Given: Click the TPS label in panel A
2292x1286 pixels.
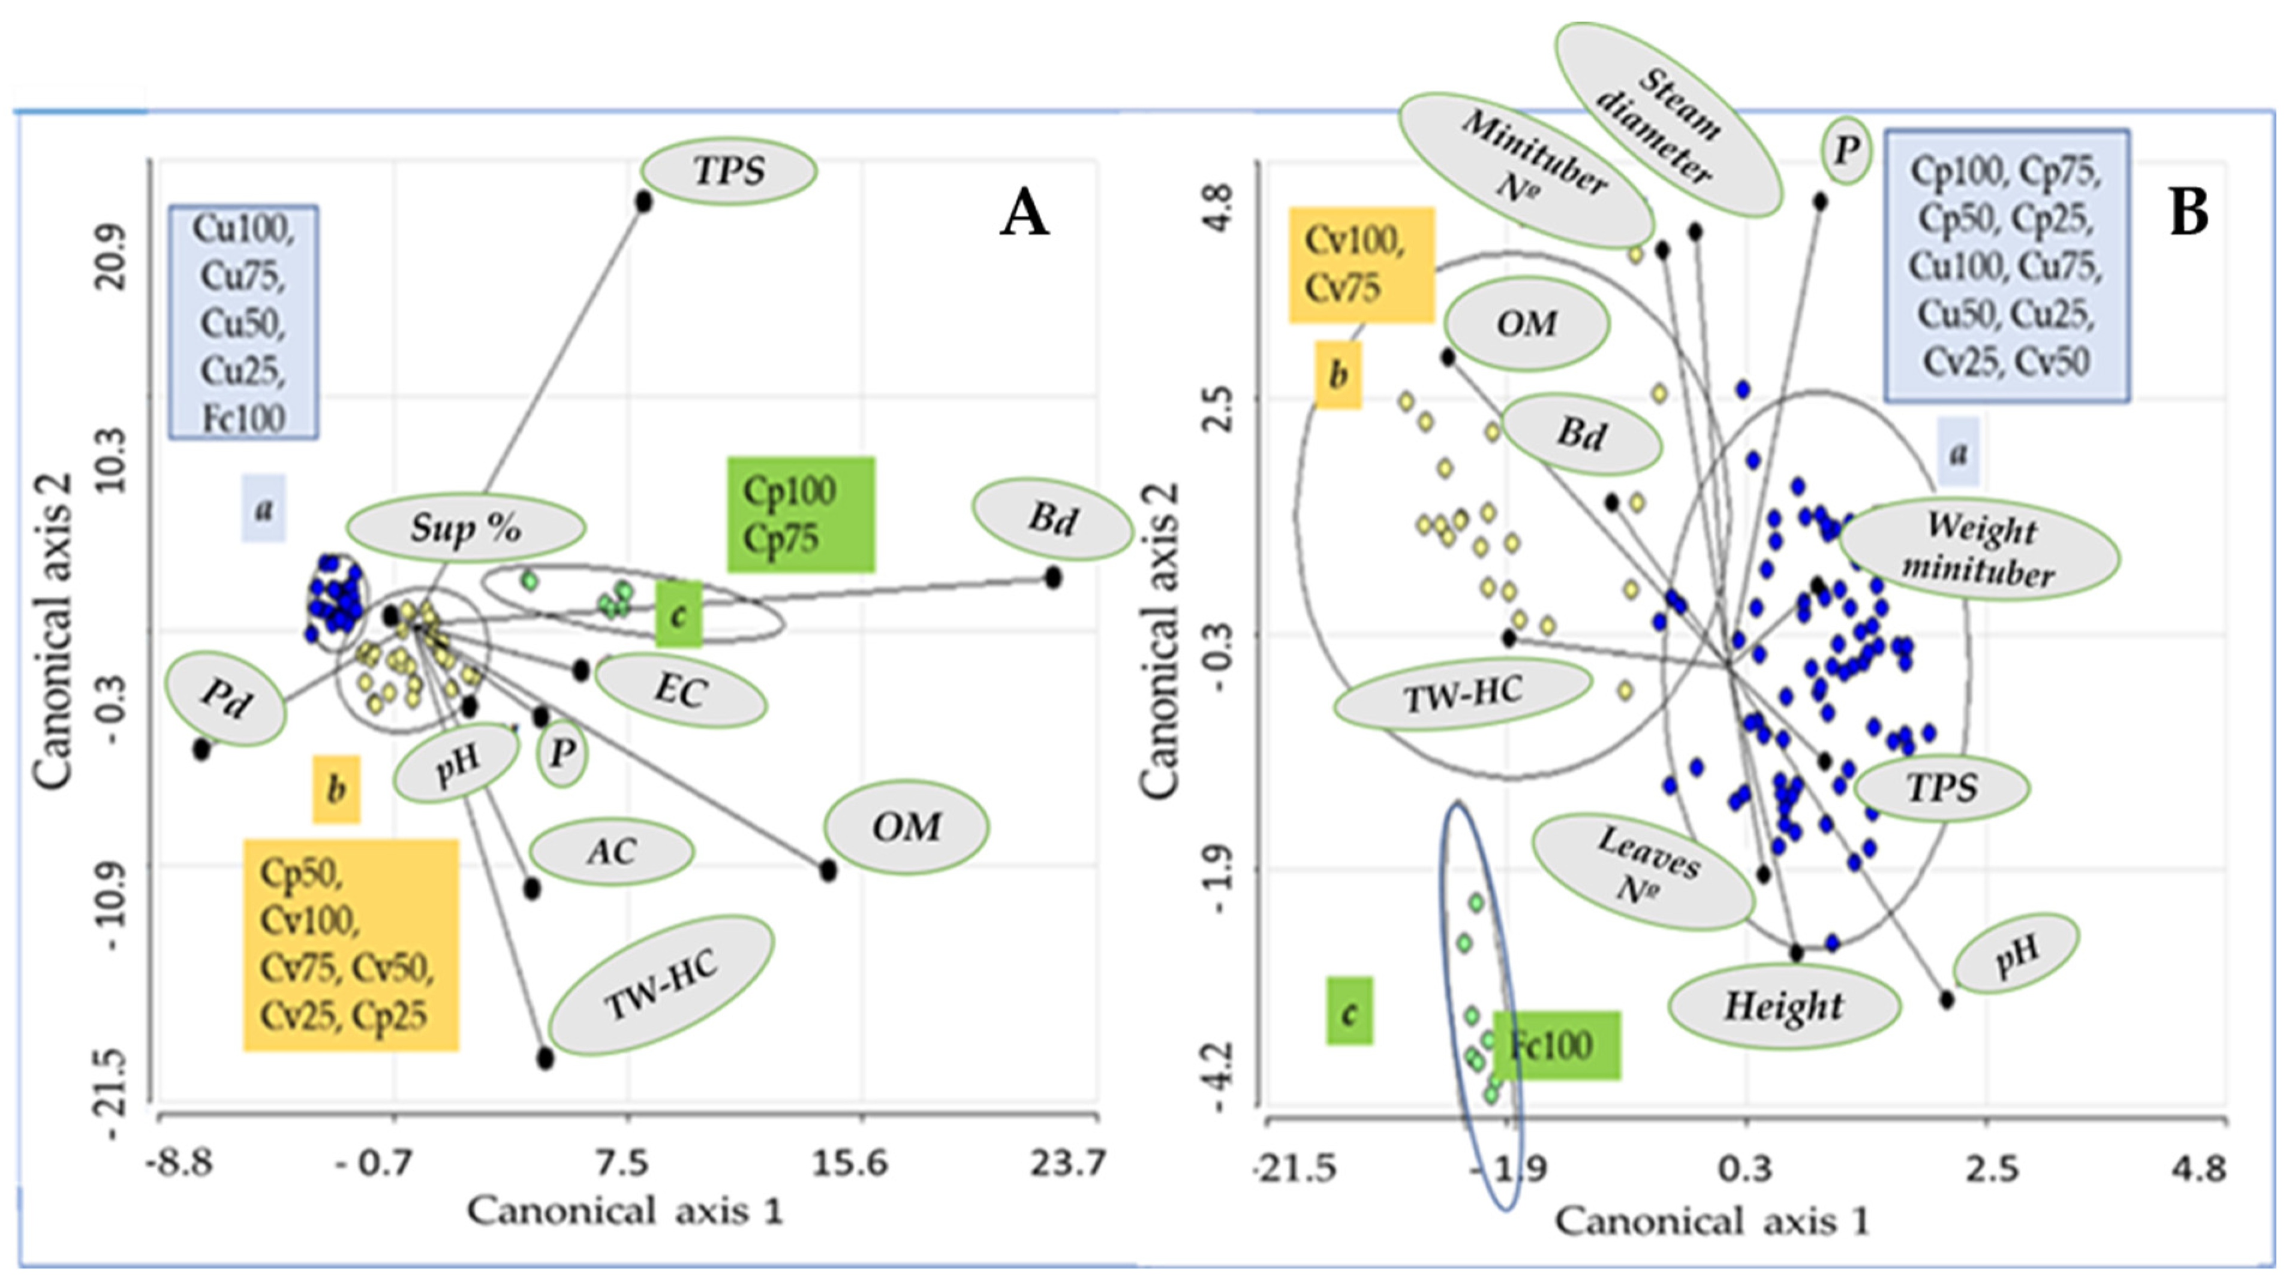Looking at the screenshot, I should click(x=728, y=171).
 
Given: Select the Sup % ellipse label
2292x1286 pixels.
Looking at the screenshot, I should click(x=465, y=529).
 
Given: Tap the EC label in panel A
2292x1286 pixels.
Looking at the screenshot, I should click(x=681, y=691).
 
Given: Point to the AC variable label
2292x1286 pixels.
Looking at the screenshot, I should click(x=611, y=851).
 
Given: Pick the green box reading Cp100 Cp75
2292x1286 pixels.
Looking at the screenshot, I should click(x=800, y=514).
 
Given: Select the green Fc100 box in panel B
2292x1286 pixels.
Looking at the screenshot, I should click(x=1556, y=1045).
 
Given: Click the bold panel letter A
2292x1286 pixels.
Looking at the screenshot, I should click(x=1024, y=215).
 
